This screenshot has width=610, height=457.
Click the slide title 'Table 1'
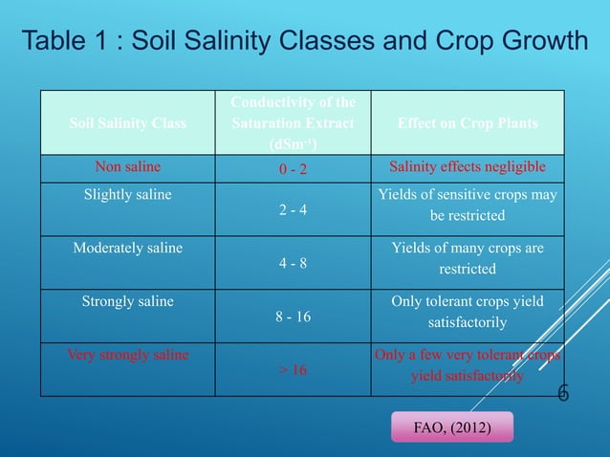tap(304, 43)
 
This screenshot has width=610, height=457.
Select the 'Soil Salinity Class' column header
tap(128, 123)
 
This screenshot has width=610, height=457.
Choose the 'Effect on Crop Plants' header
tap(468, 123)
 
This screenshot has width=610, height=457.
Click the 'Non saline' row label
tap(128, 166)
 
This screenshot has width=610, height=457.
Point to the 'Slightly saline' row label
tap(128, 194)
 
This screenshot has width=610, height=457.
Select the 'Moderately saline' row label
tap(128, 248)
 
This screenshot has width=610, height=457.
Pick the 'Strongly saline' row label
tap(128, 301)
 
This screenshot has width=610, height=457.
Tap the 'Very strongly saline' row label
tap(128, 355)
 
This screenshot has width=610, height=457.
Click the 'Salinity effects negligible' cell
tap(468, 166)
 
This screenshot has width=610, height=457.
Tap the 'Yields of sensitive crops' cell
tap(468, 205)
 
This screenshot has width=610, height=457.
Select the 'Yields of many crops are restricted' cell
tap(468, 258)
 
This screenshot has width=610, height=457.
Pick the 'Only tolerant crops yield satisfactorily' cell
tap(468, 312)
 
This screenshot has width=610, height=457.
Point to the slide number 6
tap(563, 393)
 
